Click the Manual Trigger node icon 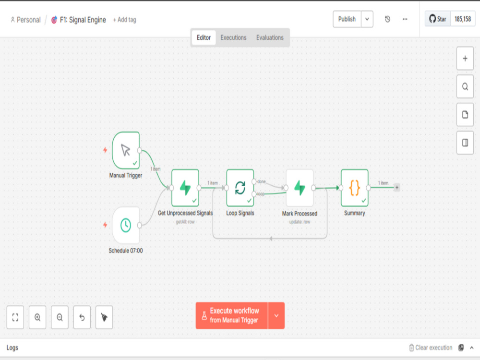click(x=126, y=150)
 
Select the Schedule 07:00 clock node click(x=126, y=225)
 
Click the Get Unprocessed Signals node click(x=185, y=188)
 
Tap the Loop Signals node click(x=240, y=188)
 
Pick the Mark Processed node click(x=300, y=188)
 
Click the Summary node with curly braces click(x=355, y=188)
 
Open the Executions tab click(x=233, y=37)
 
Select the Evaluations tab click(x=270, y=37)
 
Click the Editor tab click(x=204, y=37)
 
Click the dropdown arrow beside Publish click(x=367, y=19)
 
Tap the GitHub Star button click(x=438, y=19)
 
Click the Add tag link click(x=125, y=20)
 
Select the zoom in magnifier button click(x=37, y=317)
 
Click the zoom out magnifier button click(x=60, y=317)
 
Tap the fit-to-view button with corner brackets click(x=15, y=317)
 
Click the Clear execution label click(x=434, y=348)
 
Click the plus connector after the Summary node click(x=397, y=187)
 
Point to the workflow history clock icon click(x=387, y=19)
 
